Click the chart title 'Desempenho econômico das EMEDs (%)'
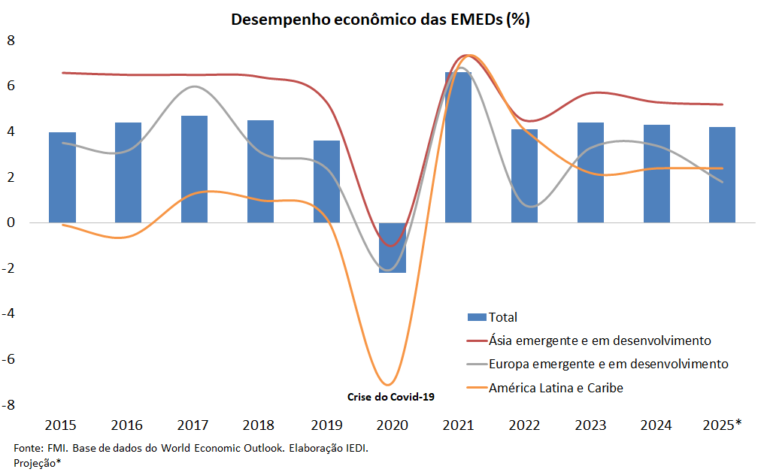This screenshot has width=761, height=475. pyautogui.click(x=380, y=20)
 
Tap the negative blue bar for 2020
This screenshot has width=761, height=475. pyautogui.click(x=392, y=248)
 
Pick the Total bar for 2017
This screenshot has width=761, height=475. pyautogui.click(x=194, y=169)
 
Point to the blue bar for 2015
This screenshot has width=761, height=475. pyautogui.click(x=62, y=177)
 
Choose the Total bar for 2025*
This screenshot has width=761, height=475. pyautogui.click(x=722, y=175)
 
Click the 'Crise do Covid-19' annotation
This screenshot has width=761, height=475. pyautogui.click(x=391, y=396)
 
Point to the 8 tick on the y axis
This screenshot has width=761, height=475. pyautogui.click(x=11, y=40)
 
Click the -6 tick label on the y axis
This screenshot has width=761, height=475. pyautogui.click(x=9, y=359)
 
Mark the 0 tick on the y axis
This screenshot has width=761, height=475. pyautogui.click(x=11, y=222)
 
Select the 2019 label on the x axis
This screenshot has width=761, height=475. pyautogui.click(x=326, y=425)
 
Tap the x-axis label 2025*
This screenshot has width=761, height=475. pyautogui.click(x=722, y=425)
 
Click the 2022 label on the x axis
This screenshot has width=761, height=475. pyautogui.click(x=524, y=425)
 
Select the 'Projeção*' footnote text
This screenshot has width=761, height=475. pyautogui.click(x=37, y=463)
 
